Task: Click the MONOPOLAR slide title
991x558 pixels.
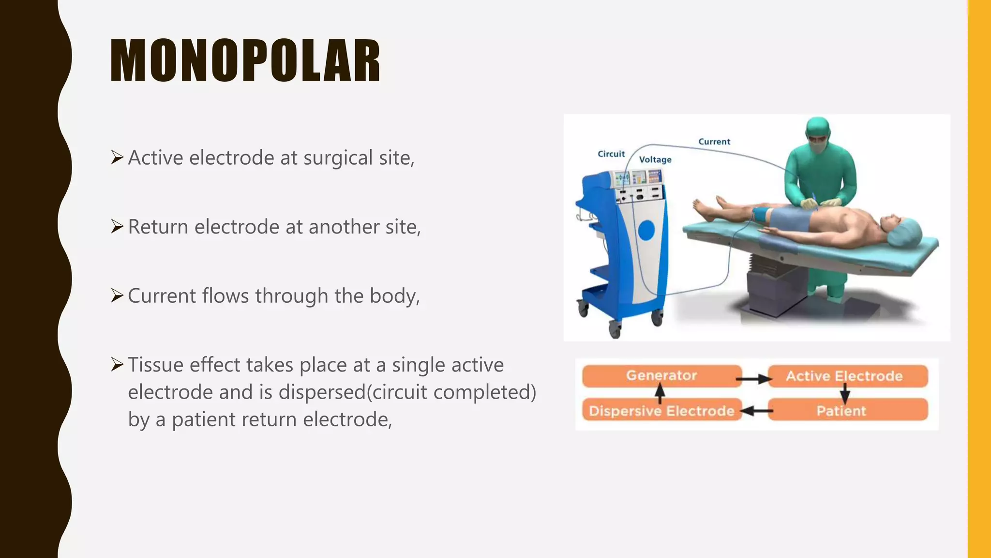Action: click(x=245, y=61)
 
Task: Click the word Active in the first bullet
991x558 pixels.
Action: click(x=155, y=158)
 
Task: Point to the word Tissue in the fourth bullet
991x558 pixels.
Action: click(x=155, y=365)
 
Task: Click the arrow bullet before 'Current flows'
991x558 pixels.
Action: click(x=117, y=295)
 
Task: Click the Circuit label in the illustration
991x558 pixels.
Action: click(x=611, y=154)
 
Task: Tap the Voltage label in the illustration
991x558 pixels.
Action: click(x=655, y=160)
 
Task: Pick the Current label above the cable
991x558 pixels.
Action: click(x=714, y=142)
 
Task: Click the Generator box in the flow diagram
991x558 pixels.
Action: click(x=661, y=376)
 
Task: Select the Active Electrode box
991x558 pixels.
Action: click(x=844, y=376)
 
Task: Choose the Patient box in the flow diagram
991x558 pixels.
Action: click(x=841, y=411)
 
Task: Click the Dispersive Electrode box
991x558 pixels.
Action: click(x=661, y=411)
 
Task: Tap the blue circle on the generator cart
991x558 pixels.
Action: click(x=646, y=230)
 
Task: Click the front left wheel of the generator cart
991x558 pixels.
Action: click(x=615, y=330)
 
